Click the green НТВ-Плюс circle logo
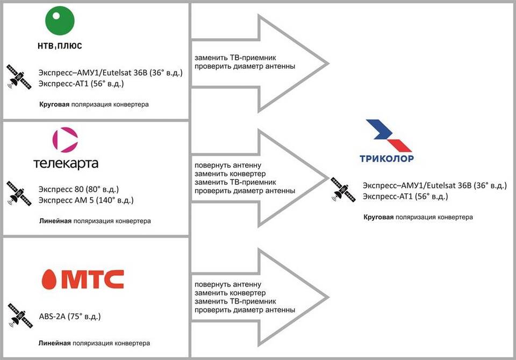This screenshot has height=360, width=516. coord(60,20)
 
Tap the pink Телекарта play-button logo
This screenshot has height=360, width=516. coord(65,140)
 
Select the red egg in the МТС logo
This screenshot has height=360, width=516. coord(49,279)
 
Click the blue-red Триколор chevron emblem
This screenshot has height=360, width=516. coord(388,135)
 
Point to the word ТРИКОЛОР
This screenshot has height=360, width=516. coord(386,159)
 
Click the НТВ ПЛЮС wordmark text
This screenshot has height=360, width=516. coord(60,46)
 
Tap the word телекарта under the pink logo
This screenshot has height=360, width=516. coord(66,163)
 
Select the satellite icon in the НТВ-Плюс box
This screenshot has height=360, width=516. coord(19,77)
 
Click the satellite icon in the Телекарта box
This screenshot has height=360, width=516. coord(19,193)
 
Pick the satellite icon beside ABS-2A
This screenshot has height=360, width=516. coord(20,315)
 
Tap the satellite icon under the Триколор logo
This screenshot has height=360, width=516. coord(343,189)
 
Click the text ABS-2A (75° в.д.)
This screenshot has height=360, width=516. coord(70,316)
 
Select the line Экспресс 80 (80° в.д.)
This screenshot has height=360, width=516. coord(78,189)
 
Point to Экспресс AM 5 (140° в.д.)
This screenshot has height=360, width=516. coord(86,200)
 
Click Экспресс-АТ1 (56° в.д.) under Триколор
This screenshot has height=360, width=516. coord(405,197)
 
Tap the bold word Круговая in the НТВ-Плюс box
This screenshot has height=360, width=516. coord(54,104)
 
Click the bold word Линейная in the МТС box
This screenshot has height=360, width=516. coord(55,343)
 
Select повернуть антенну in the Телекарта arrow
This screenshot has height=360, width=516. coord(228,165)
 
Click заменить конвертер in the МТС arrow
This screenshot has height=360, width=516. coord(230,293)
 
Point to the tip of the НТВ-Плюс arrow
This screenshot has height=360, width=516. coord(328,63)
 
